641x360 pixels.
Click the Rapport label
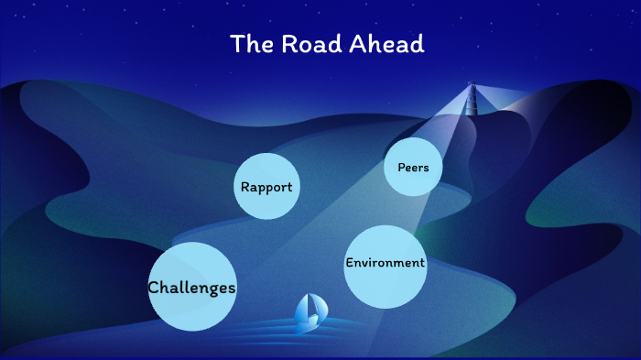coord(266,187)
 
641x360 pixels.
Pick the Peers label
coord(413,168)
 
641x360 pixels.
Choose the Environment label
coord(385,263)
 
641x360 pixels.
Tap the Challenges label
coord(192,288)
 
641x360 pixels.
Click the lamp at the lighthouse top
coord(473,88)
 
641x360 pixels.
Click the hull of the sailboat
coord(310,327)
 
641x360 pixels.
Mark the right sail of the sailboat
coord(317,310)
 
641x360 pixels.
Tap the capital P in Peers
coord(401,168)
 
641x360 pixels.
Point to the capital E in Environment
coord(349,263)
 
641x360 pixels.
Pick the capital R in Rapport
coord(244,187)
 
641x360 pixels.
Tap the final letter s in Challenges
coord(232,289)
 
